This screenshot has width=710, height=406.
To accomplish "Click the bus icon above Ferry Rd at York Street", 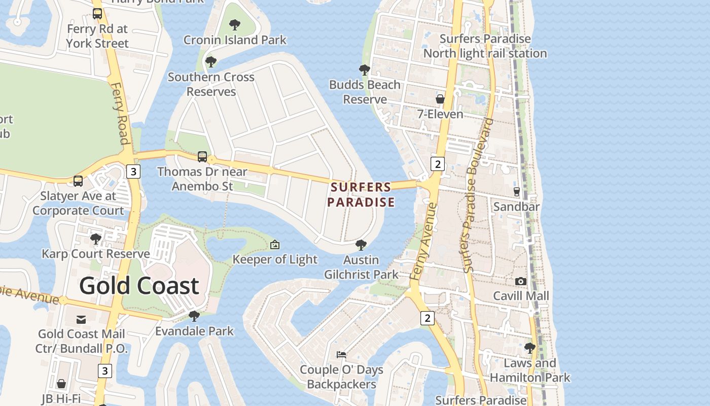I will [97, 14].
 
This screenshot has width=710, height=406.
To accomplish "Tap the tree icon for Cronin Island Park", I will [234, 24].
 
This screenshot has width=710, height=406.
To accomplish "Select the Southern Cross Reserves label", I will [211, 84].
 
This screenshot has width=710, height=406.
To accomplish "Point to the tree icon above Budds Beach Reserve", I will [364, 70].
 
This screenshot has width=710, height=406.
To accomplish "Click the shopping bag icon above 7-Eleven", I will [440, 99].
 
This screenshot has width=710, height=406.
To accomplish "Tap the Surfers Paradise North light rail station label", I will [485, 46].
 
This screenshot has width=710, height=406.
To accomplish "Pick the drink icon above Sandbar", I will [517, 191].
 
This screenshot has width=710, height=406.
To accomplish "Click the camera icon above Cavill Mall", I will [520, 281].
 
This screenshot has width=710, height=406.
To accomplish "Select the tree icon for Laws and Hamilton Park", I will [529, 348].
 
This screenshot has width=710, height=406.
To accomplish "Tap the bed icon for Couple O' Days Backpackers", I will [341, 354].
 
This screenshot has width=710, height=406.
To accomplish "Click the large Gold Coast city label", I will [139, 286].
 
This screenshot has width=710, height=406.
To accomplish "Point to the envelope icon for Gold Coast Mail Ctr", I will [81, 320].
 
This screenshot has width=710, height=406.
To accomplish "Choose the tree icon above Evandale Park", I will [194, 316].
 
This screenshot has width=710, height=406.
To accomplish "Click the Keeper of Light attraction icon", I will [274, 245].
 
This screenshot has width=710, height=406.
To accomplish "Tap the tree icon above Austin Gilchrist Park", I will [361, 245].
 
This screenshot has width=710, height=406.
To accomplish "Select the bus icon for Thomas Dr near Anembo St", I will [202, 156].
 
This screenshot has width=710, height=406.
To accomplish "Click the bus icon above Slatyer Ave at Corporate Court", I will [78, 181].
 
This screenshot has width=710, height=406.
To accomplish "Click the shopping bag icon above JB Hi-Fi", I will [61, 384].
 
